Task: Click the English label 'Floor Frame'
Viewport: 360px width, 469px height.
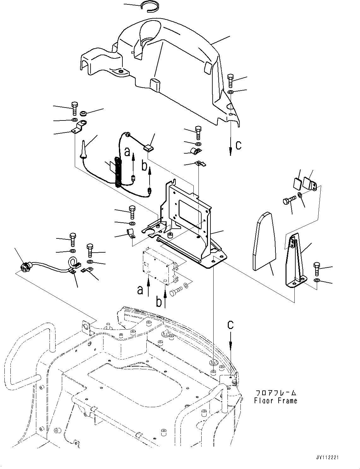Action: point(275,401)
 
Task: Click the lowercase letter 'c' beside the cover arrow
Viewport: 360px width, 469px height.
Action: point(239,145)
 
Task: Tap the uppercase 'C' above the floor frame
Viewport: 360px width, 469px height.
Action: point(231,325)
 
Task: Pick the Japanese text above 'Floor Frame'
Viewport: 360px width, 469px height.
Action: point(275,393)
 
